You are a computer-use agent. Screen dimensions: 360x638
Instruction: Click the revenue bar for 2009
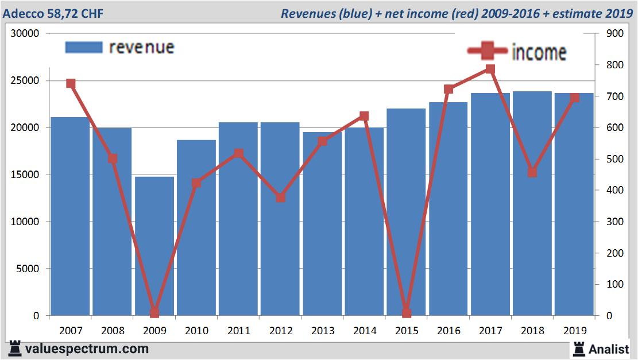point(154,247)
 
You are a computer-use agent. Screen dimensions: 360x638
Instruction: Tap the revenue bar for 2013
point(322,224)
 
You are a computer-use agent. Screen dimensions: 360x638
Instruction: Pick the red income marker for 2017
point(490,69)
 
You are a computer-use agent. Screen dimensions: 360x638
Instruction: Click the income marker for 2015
point(407,313)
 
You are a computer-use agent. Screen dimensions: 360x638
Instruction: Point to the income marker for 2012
point(280,198)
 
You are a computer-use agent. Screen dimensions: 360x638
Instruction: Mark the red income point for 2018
point(532,172)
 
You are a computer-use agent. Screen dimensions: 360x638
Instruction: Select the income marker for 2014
point(364,117)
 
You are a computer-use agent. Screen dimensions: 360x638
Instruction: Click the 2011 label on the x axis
point(238,331)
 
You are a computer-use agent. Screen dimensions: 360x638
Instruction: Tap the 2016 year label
point(448,331)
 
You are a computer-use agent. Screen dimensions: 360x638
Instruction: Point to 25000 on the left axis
point(25,81)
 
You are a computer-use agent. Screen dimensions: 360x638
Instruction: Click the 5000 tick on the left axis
point(27,269)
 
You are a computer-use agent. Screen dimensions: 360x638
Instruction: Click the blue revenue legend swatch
point(84,47)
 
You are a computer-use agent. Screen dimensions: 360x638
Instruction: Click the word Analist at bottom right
point(609,349)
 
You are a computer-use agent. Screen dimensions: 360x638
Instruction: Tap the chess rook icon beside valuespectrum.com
point(15,349)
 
